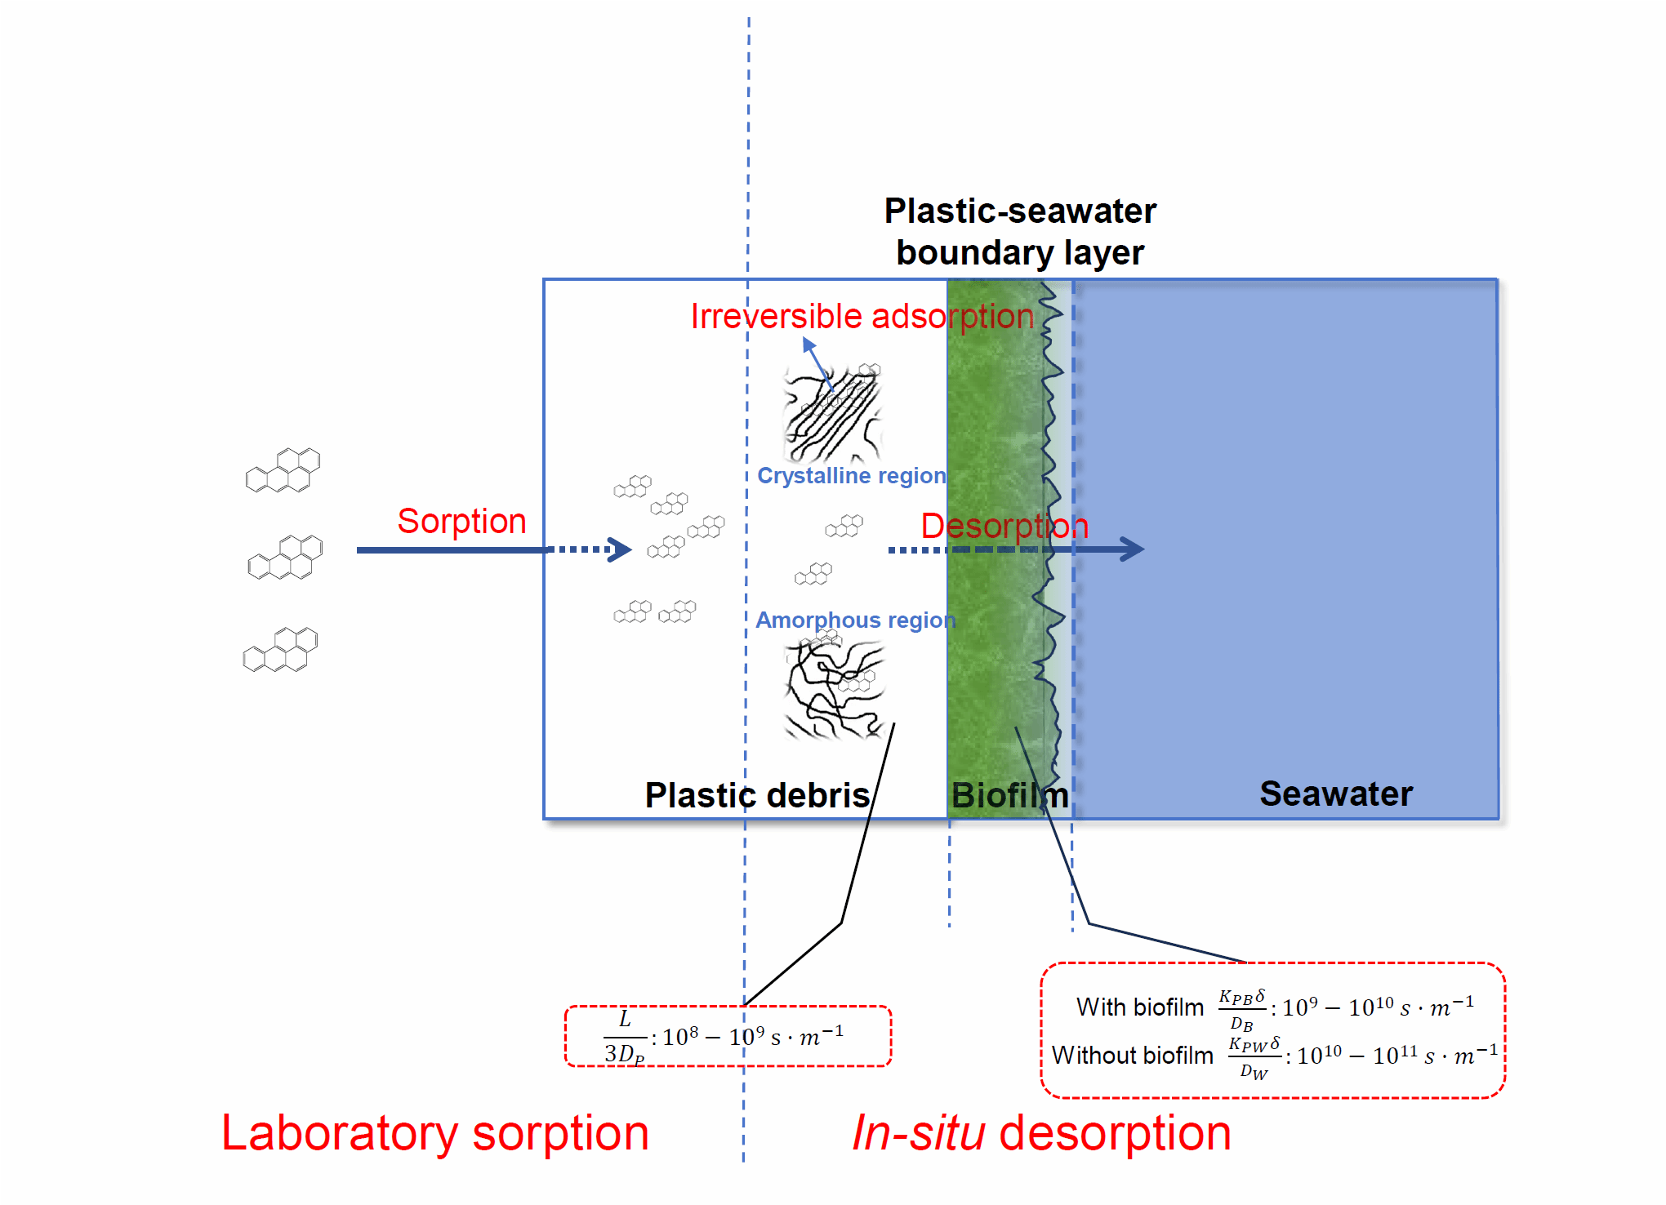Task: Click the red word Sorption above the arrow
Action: [x=461, y=521]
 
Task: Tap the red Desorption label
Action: [x=1004, y=526]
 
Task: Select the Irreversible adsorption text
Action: [x=862, y=316]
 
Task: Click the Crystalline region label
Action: [x=852, y=475]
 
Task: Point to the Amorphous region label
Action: [x=855, y=620]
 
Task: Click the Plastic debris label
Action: [x=757, y=795]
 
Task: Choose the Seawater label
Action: [x=1336, y=794]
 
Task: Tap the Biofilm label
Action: [x=1010, y=795]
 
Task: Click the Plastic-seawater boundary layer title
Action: [x=1020, y=232]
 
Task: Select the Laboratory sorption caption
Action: [x=435, y=1133]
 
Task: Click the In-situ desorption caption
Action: [x=1041, y=1133]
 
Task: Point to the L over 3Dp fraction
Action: [x=625, y=1037]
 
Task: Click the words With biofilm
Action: [x=1140, y=1007]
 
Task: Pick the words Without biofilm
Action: [x=1133, y=1056]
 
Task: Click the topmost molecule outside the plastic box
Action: [x=283, y=470]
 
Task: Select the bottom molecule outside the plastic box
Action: [x=280, y=650]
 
